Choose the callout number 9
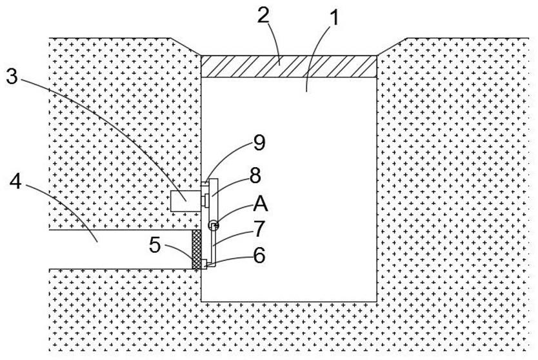coord(258,143)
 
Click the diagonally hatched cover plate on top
coord(289,66)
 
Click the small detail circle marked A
coord(213,225)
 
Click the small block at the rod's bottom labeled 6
coord(205,264)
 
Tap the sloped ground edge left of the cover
coord(186,46)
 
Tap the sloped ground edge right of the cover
coord(392,46)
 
